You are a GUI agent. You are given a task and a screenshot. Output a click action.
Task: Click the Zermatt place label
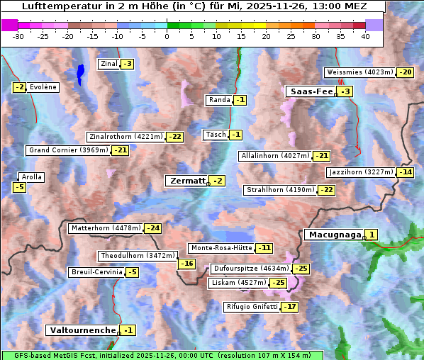click(186, 181)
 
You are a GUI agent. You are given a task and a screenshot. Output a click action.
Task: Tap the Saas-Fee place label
click(311, 91)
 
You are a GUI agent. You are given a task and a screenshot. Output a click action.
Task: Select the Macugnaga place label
click(333, 235)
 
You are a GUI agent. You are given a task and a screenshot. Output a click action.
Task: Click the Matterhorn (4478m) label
click(105, 228)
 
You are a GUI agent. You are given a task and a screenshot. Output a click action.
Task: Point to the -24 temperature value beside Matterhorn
click(152, 228)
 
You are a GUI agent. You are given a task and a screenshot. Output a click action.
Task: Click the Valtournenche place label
click(82, 330)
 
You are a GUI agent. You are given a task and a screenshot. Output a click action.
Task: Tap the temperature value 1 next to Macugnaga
click(372, 235)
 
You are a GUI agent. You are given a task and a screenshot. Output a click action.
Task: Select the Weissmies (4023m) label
click(359, 72)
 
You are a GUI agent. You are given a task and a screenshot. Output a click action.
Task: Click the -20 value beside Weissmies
click(406, 72)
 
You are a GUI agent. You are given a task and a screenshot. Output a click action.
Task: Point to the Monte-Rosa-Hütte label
click(221, 248)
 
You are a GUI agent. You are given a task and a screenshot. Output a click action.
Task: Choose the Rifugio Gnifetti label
click(252, 307)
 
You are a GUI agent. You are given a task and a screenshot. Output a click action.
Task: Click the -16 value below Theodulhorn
click(186, 264)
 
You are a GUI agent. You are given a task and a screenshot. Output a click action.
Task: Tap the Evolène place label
click(43, 87)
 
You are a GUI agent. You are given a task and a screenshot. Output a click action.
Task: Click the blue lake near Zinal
click(80, 73)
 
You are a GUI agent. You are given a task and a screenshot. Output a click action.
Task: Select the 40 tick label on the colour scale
click(365, 37)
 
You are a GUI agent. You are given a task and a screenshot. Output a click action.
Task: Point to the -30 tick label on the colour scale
click(18, 37)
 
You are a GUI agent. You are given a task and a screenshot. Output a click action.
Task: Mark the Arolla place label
click(32, 177)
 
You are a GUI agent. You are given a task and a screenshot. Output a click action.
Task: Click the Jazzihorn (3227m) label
click(360, 172)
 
